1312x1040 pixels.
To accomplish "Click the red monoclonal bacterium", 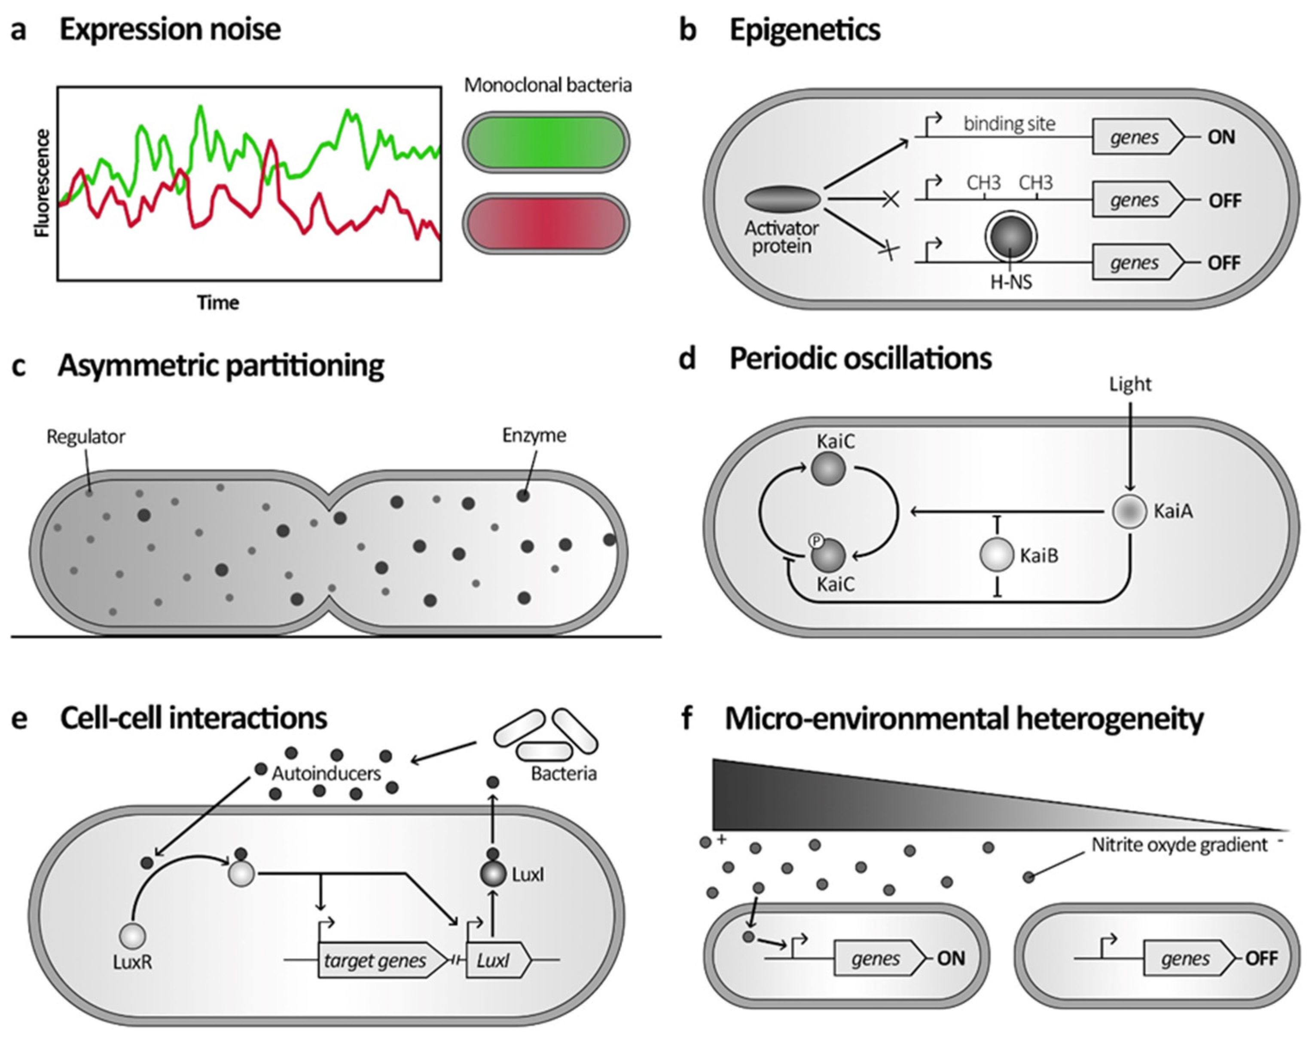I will (546, 223).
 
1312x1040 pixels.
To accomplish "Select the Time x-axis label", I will (218, 303).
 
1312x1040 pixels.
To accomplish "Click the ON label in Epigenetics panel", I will (1221, 137).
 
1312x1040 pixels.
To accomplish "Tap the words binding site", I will (1009, 124).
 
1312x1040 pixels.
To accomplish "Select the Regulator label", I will (86, 437).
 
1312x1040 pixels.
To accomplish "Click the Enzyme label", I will (534, 435).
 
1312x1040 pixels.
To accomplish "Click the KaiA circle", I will (1130, 511).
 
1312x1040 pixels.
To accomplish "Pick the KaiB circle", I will (996, 555).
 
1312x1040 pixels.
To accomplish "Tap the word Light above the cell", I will (1130, 384).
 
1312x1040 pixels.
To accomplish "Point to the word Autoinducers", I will (326, 773).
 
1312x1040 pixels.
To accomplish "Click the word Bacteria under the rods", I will (564, 773).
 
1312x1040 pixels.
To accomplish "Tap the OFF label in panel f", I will (1261, 958).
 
